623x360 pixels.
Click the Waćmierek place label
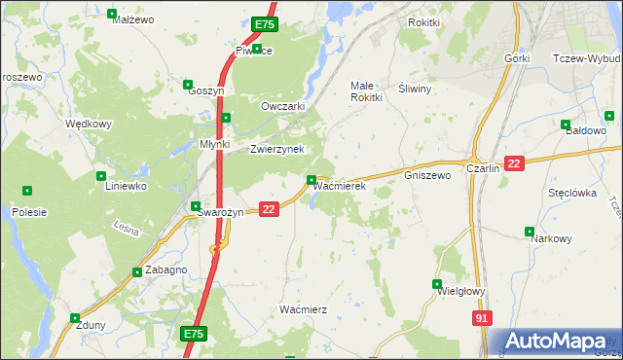point(340,185)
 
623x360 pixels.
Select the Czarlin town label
point(483,167)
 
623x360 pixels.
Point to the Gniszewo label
point(427,176)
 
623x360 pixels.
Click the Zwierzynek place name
point(277,149)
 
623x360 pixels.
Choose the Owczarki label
point(283,106)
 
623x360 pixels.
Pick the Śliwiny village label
point(416,87)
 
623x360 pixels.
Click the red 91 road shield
point(482,318)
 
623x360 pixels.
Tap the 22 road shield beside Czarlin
point(515,163)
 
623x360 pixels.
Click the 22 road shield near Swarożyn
point(270,208)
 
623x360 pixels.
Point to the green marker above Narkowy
point(530,232)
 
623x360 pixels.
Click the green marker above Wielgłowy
point(437,284)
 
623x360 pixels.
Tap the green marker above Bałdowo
point(566,124)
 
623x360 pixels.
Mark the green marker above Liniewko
point(101,176)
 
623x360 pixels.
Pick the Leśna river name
point(128,227)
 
